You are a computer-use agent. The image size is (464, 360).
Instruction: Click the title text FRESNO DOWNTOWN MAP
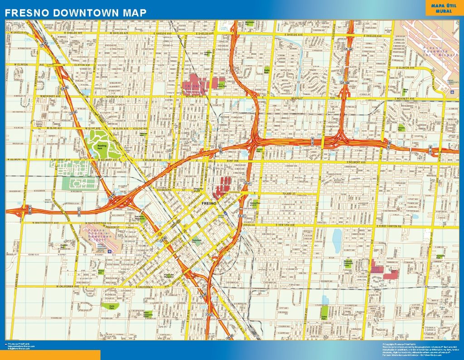pos(76,13)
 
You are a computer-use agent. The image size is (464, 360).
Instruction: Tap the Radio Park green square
pos(267,71)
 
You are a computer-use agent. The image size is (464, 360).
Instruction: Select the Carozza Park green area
pos(401,128)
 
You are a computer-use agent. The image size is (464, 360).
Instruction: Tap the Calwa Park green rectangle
pos(324,312)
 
